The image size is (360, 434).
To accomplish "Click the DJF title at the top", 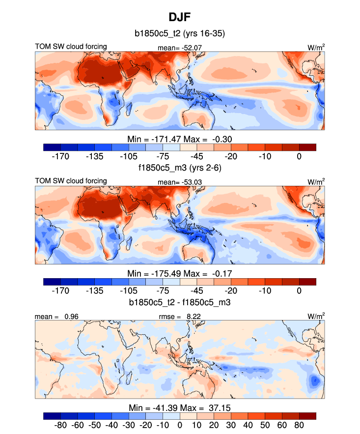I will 180,17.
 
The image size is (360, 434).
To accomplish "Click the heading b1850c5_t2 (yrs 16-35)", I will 180,34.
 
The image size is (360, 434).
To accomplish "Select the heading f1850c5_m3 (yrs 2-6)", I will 180,168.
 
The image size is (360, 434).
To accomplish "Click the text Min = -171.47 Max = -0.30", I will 180,139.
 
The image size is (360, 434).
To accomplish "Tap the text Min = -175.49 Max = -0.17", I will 180,273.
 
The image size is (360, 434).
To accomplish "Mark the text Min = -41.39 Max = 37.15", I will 180,407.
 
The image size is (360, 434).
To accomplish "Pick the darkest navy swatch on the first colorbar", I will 52,147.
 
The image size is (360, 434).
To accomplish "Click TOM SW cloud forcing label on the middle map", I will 71,181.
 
